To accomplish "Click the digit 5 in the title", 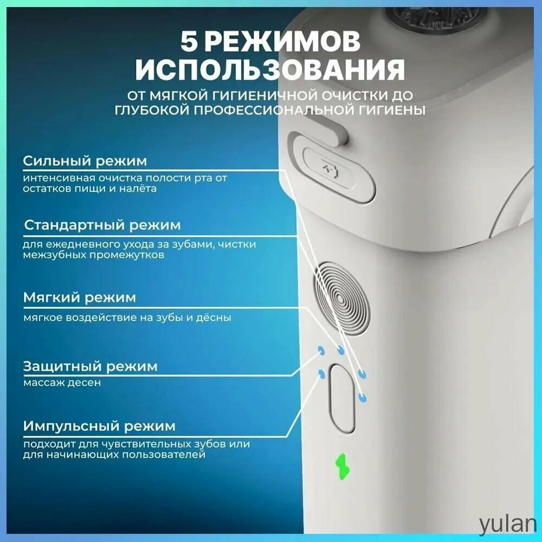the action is (189, 42).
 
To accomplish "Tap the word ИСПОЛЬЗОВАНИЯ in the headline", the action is (270, 70).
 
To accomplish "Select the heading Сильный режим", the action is (85, 161).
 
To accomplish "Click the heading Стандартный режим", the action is (102, 225).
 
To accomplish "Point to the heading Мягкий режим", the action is (80, 297).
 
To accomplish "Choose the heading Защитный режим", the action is (90, 366).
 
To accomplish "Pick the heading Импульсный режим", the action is (99, 426).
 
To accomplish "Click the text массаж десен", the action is (62, 383).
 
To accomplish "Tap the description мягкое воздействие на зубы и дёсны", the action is (127, 317).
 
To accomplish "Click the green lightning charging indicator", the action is (343, 466).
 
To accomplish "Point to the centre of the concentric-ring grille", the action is (340, 299).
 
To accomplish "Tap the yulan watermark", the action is (507, 524).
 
